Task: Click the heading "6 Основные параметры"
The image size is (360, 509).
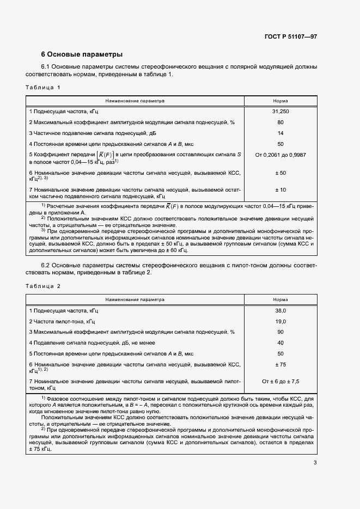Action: [82, 54]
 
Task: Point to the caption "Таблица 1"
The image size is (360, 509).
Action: [43, 87]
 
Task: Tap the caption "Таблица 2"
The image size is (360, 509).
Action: [43, 286]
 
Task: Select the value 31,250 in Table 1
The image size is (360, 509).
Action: [280, 111]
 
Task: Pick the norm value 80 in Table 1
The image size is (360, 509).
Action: [280, 122]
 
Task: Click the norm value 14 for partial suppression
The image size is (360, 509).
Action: [280, 133]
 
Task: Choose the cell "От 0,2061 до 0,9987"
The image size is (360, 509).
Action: [280, 155]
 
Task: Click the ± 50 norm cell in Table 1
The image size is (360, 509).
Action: [280, 173]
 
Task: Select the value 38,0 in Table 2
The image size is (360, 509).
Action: [280, 310]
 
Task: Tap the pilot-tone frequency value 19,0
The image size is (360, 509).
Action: [280, 321]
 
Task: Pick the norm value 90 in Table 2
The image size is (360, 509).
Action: [280, 332]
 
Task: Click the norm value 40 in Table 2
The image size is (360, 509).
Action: [280, 342]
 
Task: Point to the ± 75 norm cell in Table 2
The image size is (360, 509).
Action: [280, 364]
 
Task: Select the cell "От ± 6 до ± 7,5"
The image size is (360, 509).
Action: [280, 382]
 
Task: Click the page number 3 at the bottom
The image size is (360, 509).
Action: [315, 463]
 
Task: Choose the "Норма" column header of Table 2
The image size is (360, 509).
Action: [280, 299]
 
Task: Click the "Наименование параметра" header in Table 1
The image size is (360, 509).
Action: [135, 101]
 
